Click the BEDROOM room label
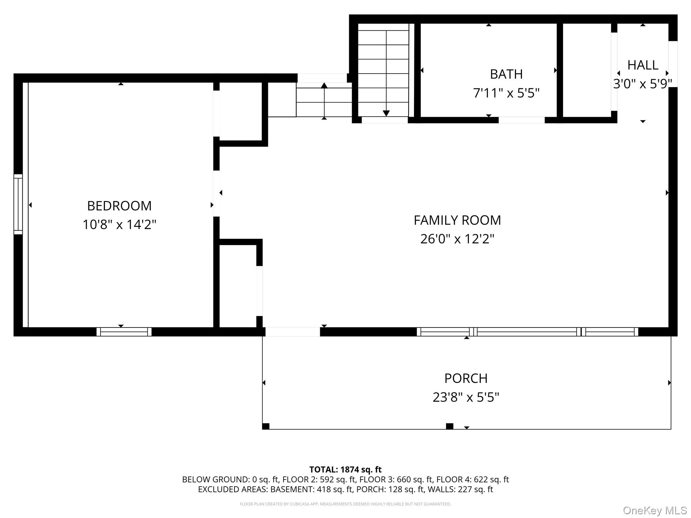tap(119, 206)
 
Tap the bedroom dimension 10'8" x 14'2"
tap(119, 224)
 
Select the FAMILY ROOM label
tap(457, 220)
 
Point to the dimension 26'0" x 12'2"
tap(457, 239)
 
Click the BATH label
tap(506, 74)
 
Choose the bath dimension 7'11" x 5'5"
tap(506, 93)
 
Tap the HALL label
tap(643, 65)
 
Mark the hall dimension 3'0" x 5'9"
tap(643, 84)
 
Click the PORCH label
tap(466, 378)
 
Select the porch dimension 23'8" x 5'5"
tap(466, 397)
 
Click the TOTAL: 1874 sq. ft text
tap(345, 469)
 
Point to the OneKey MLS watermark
tap(655, 511)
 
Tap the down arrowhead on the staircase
tap(386, 113)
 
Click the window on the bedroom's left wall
tap(18, 204)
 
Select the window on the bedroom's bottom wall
tap(124, 332)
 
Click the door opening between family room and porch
tap(293, 332)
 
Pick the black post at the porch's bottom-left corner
tap(266, 426)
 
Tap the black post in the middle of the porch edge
tap(449, 426)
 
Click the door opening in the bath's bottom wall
tap(522, 120)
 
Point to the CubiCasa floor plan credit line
tap(345, 504)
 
